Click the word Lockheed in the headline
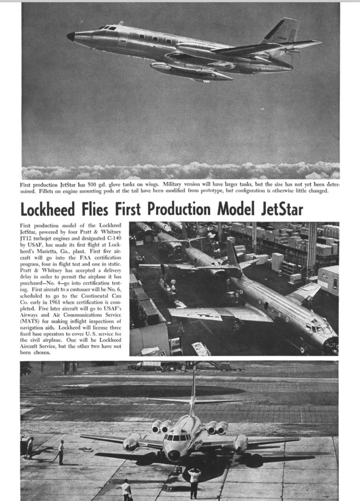click(x=50, y=209)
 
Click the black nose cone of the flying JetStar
click(x=70, y=36)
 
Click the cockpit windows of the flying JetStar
click(x=108, y=28)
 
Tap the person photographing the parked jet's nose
click(x=194, y=481)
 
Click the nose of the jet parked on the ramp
click(x=174, y=454)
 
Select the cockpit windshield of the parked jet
click(x=177, y=437)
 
